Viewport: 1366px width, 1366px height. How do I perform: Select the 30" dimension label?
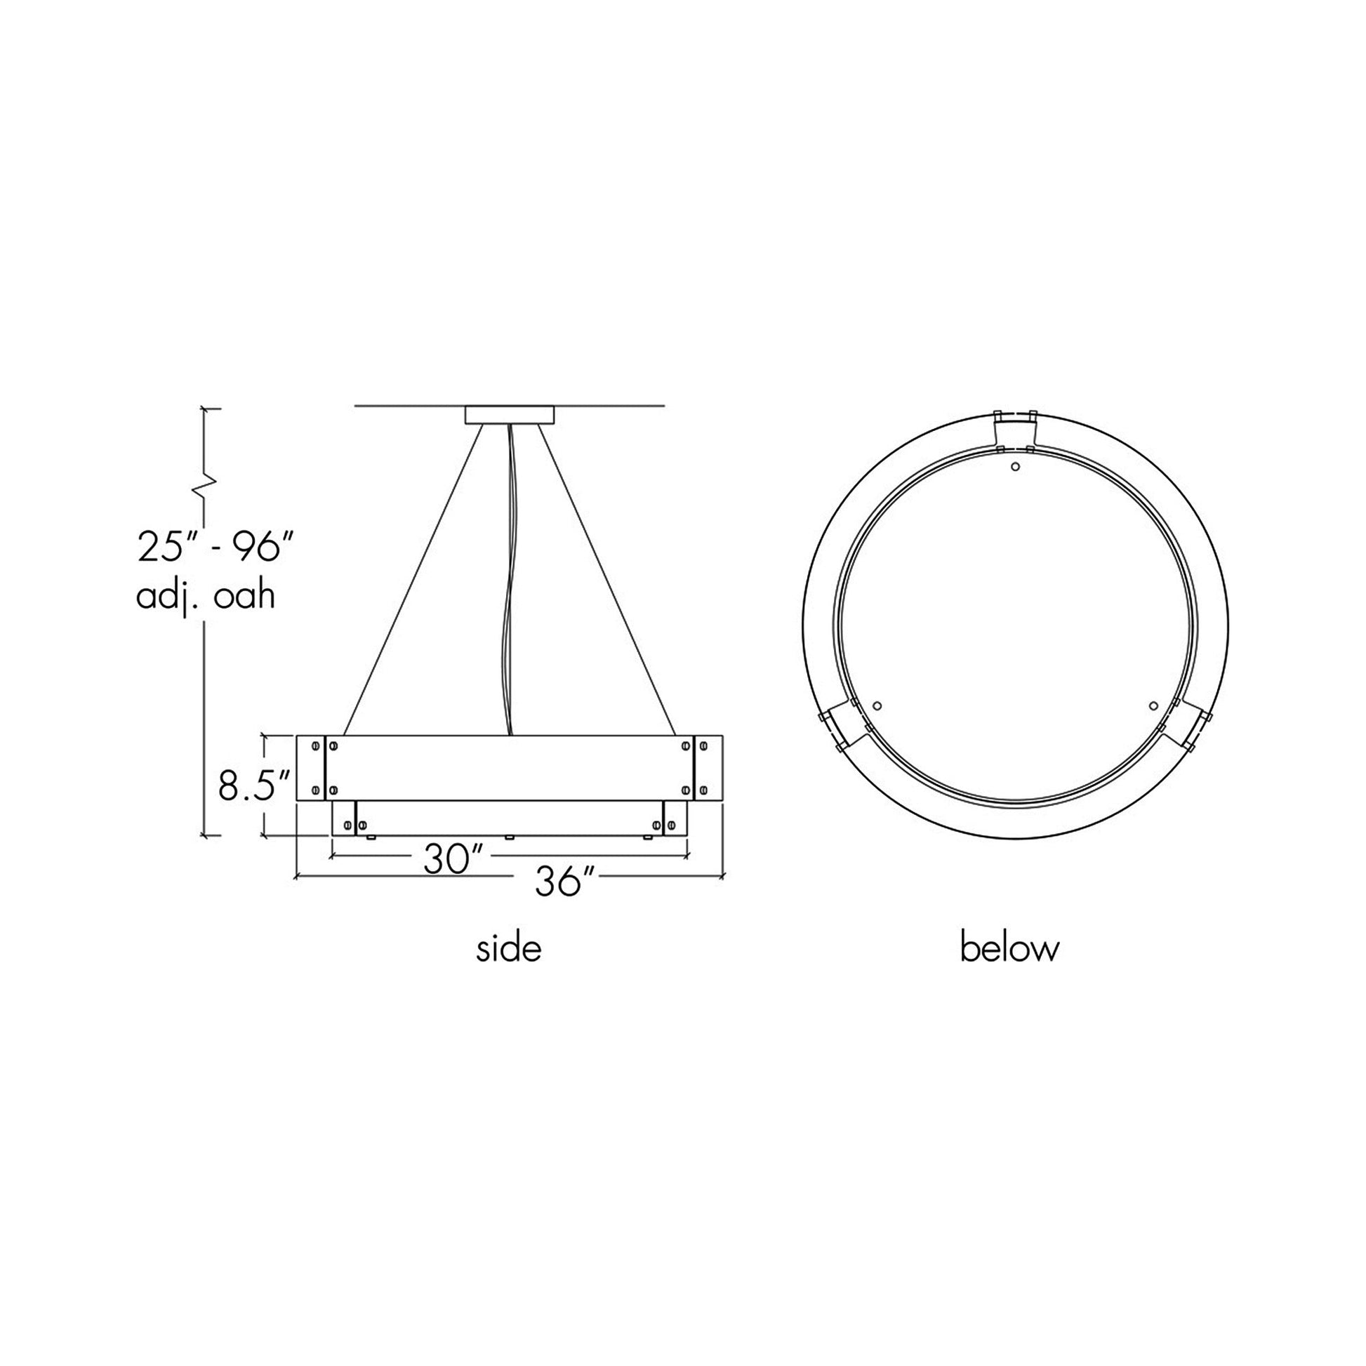(x=453, y=860)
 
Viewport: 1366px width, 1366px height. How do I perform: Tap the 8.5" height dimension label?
(x=255, y=785)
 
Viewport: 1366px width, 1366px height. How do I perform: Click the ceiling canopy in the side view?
(x=509, y=414)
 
